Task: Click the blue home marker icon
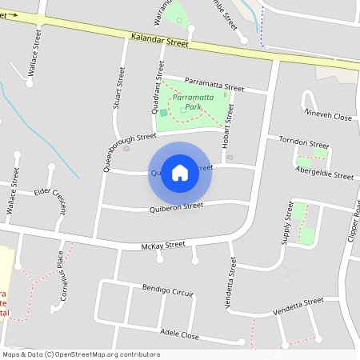click(x=180, y=172)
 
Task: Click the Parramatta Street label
click(x=214, y=83)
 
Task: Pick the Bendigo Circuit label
click(x=168, y=289)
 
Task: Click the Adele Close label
click(x=179, y=334)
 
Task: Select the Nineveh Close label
click(x=329, y=117)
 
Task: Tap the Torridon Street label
click(x=304, y=142)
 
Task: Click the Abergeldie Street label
click(x=324, y=173)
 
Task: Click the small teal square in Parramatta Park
click(x=164, y=113)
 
